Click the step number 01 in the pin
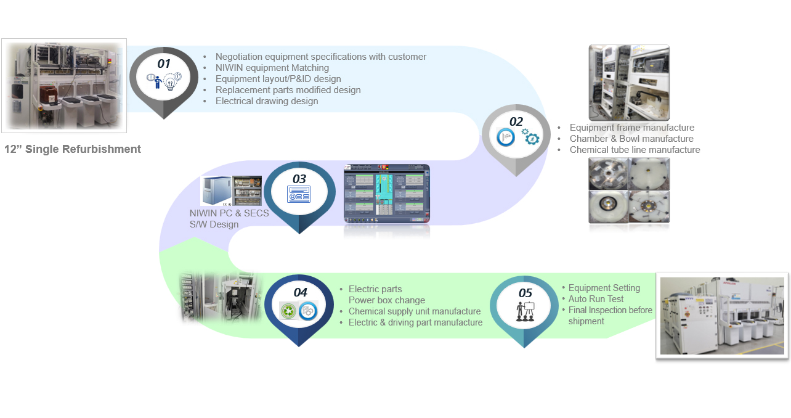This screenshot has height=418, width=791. tap(164, 64)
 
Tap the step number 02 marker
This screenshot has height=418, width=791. tap(516, 121)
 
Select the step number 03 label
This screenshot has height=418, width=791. tap(299, 179)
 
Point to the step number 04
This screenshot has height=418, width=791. tap(300, 292)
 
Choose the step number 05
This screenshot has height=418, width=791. tap(525, 293)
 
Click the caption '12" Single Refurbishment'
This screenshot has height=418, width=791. tap(73, 149)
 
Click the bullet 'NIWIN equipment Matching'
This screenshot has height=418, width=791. tap(272, 68)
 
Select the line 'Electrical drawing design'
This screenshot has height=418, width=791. tap(267, 101)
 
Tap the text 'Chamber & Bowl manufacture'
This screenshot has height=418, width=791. tap(631, 139)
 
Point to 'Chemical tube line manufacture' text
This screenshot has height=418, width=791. tap(635, 150)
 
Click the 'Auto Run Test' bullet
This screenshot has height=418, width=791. tap(596, 299)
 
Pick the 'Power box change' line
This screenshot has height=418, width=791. tap(387, 300)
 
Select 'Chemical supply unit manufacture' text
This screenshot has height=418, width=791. tap(415, 311)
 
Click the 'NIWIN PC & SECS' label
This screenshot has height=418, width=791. tap(229, 213)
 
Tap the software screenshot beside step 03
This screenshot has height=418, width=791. tap(386, 194)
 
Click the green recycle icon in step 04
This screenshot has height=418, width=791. tap(288, 311)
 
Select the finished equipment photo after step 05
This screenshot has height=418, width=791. tap(723, 316)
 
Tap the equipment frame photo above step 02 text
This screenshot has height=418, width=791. tap(629, 82)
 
